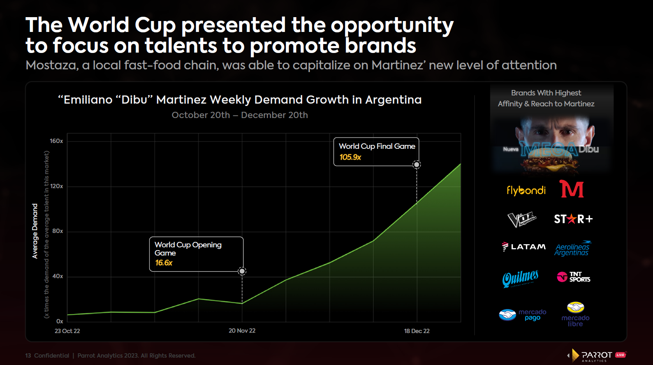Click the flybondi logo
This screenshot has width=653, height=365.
pyautogui.click(x=526, y=190)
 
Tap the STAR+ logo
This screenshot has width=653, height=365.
pyautogui.click(x=574, y=219)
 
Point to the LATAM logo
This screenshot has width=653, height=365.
pyautogui.click(x=524, y=247)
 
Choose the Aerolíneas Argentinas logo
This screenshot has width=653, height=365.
pyautogui.click(x=572, y=249)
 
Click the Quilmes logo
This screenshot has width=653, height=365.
pyautogui.click(x=520, y=279)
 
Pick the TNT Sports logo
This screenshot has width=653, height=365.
pyautogui.click(x=574, y=277)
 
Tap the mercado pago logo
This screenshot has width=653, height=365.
pyautogui.click(x=523, y=315)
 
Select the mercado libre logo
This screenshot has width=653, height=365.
pyautogui.click(x=576, y=314)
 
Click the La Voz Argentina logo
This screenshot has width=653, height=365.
pyautogui.click(x=522, y=219)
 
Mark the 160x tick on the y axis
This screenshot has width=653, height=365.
pyautogui.click(x=56, y=141)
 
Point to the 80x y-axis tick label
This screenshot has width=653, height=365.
pyautogui.click(x=57, y=231)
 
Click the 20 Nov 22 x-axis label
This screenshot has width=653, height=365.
pyautogui.click(x=242, y=331)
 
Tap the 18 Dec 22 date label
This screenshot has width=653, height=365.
pyautogui.click(x=417, y=331)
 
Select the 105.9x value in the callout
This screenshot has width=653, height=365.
pyautogui.click(x=350, y=157)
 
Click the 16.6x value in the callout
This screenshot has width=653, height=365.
pyautogui.click(x=164, y=263)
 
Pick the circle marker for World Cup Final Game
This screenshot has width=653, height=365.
pyautogui.click(x=417, y=165)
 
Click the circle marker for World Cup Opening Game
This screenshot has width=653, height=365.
pyautogui.click(x=242, y=272)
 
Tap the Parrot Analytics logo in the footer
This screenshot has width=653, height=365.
pyautogui.click(x=597, y=355)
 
